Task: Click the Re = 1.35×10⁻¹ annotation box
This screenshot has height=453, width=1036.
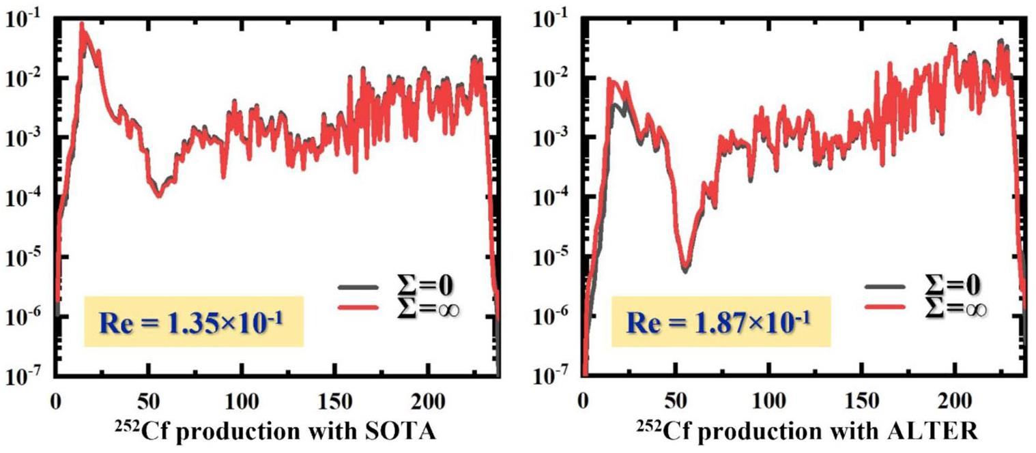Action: [x=193, y=321]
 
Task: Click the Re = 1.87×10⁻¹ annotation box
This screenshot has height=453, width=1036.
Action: [x=721, y=321]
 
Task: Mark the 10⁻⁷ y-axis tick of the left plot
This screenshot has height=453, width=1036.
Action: [x=24, y=376]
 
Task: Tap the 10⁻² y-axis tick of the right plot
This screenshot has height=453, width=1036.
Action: [x=550, y=77]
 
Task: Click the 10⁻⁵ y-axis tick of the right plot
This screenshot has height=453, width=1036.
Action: [x=550, y=257]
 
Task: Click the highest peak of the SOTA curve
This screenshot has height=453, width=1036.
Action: [x=82, y=26]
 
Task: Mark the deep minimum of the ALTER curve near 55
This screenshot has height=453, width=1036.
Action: [x=685, y=269]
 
